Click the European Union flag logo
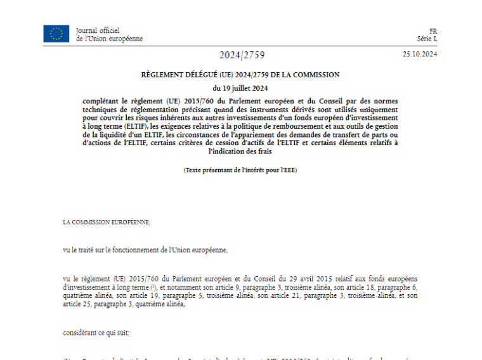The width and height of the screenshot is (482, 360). point(56,34)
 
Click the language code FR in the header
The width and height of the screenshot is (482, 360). point(433,31)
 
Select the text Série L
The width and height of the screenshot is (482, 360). point(428,39)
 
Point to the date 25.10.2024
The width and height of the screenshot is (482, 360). point(420,54)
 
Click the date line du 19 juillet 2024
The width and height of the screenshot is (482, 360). point(240,87)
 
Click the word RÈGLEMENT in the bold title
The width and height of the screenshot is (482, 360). point(161,75)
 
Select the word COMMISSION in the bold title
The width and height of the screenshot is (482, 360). point(315,75)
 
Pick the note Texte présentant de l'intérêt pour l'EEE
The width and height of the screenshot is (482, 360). point(240,170)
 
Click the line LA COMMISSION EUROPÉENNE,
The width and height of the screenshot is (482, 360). point(107,222)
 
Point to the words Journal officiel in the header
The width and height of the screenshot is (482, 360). point(97,30)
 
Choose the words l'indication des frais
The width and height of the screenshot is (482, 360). point(240,150)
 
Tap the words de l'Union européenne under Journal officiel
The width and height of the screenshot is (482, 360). point(109,39)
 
